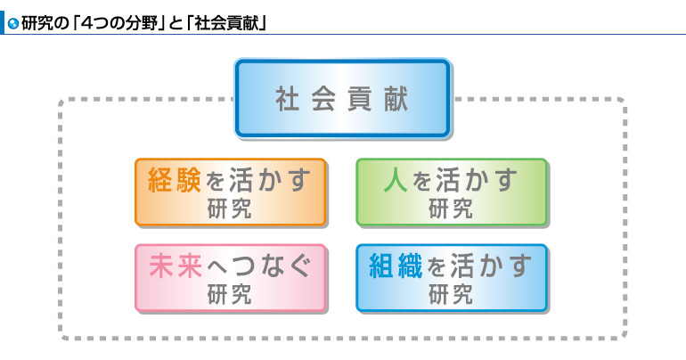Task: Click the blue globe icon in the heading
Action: point(13,24)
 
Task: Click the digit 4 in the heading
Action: point(87,23)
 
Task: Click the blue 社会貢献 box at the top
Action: point(343,98)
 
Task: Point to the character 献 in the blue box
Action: point(396,99)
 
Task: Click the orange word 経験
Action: point(175,180)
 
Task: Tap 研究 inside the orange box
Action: point(230,209)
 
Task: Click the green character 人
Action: point(396,180)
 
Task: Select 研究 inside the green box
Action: point(451,209)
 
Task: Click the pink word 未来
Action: point(176,266)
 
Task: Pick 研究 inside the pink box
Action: point(230,295)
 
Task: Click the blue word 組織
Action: point(396,266)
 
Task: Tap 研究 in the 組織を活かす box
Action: point(451,295)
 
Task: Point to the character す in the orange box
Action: point(299,180)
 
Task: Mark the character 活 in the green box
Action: point(448,180)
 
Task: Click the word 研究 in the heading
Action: point(37,23)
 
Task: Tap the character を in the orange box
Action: point(215,181)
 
